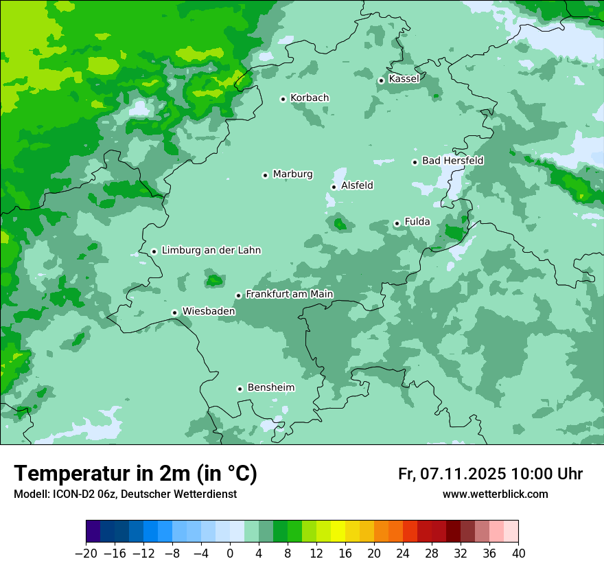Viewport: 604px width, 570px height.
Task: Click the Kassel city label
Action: click(x=404, y=79)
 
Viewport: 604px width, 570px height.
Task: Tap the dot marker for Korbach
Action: click(x=283, y=99)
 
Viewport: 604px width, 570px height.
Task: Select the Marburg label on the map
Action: click(x=292, y=174)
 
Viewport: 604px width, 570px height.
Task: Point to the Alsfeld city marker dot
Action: click(x=334, y=187)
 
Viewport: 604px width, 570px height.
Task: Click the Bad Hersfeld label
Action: click(x=452, y=161)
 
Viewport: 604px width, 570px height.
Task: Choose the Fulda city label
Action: click(x=417, y=222)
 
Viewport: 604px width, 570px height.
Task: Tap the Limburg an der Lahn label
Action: click(x=211, y=251)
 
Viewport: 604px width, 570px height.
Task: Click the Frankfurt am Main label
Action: click(x=289, y=295)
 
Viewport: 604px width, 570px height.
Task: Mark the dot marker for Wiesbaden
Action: click(x=175, y=313)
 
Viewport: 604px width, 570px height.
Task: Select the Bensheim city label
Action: click(x=270, y=388)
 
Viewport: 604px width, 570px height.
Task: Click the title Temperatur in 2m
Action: click(x=135, y=474)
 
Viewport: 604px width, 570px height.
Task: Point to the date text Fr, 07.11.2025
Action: click(x=452, y=474)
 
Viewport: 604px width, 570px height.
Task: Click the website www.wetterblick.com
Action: click(x=495, y=494)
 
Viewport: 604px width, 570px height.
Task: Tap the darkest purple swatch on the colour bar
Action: click(x=93, y=532)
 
